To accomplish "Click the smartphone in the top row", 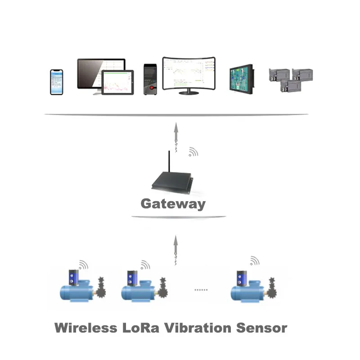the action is [56, 82].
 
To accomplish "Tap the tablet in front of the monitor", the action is [118, 83].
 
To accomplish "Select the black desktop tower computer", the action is [150, 79].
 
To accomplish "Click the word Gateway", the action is [173, 204].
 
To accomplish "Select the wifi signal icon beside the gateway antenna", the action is [193, 152].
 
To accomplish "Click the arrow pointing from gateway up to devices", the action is [176, 135].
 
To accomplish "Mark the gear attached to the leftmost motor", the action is [102, 288].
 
